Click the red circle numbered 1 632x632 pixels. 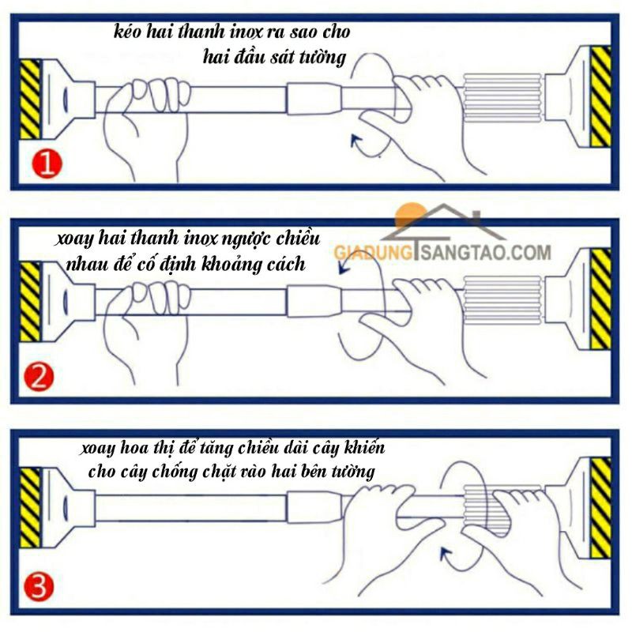[x=47, y=164]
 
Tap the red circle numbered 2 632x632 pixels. [x=39, y=377]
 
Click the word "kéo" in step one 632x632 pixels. [x=127, y=32]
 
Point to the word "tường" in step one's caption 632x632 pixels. [x=322, y=57]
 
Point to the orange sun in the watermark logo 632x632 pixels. [x=410, y=216]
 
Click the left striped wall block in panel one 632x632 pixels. [x=30, y=100]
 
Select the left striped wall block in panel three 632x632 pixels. [x=30, y=508]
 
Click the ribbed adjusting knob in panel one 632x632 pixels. [x=502, y=98]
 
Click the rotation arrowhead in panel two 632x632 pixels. [x=344, y=266]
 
